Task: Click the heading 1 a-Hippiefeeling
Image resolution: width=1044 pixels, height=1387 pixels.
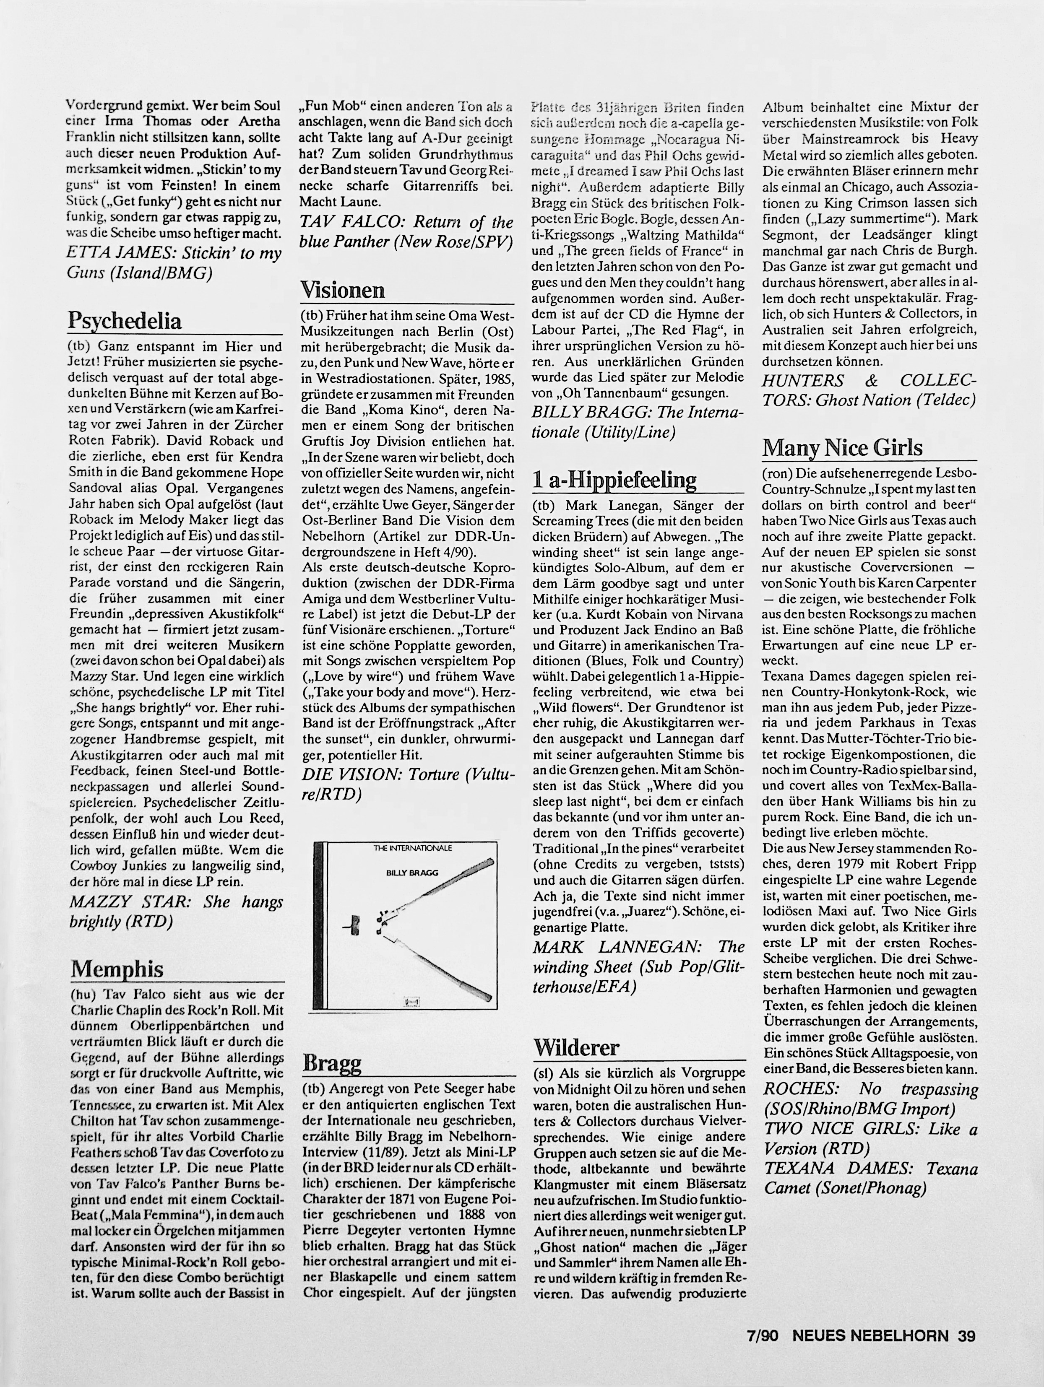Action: (x=614, y=480)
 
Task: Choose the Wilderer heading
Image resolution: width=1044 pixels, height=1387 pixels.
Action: (x=576, y=1047)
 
